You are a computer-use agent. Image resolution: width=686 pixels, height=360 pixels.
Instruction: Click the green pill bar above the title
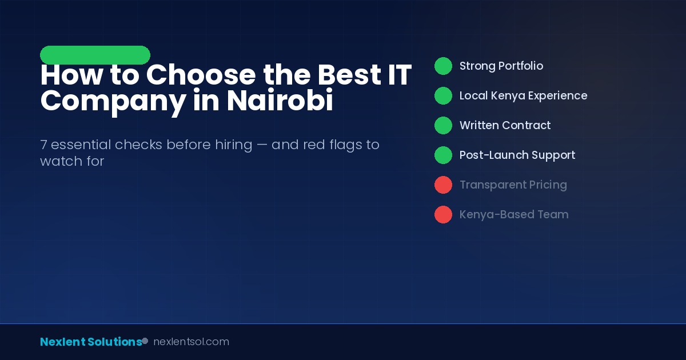[x=95, y=55]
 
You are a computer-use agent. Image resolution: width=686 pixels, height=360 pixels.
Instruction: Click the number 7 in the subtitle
[x=43, y=145]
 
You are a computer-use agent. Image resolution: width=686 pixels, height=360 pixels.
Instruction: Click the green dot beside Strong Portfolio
[x=443, y=66]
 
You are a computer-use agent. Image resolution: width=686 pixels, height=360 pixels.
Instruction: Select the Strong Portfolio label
[x=501, y=66]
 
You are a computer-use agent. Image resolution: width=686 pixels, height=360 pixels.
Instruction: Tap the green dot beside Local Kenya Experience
[x=443, y=95]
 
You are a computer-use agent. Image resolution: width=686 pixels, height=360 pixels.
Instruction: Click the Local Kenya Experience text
[x=523, y=95]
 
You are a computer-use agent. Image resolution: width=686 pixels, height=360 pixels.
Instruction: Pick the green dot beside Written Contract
[x=443, y=125]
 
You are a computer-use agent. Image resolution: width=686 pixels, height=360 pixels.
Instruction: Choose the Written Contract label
[x=505, y=125]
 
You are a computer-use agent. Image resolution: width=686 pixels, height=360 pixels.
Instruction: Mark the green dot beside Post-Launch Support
[x=443, y=155]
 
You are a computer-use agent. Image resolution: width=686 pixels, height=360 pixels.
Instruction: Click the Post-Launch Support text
[x=517, y=155]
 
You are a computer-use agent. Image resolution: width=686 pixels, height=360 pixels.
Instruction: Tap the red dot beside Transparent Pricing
[x=443, y=185]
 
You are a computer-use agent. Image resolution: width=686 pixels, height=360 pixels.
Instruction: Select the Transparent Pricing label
[x=513, y=185]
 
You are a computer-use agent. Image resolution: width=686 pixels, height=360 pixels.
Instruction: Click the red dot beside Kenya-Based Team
[x=443, y=214]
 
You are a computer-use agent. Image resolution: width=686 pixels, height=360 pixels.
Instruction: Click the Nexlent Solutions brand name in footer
[x=90, y=342]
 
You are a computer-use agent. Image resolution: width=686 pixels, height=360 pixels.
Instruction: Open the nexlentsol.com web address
[x=191, y=342]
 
